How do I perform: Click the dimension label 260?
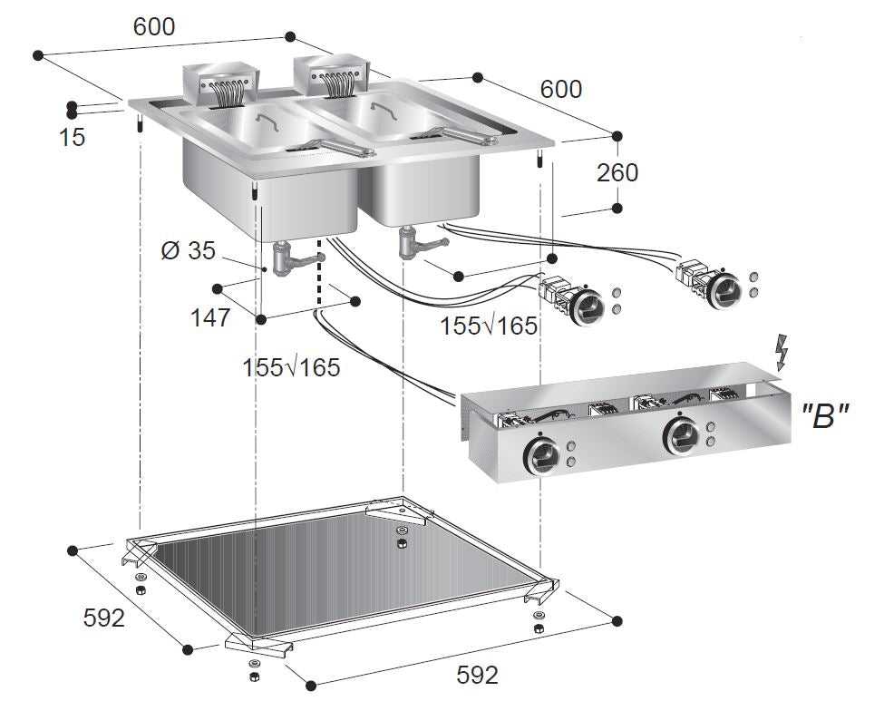click(617, 172)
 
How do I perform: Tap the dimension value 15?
click(72, 138)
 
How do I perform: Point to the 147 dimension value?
click(210, 317)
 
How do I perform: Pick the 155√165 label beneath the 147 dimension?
click(291, 367)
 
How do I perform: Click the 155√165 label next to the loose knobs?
click(489, 326)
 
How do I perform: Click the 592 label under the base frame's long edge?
click(477, 675)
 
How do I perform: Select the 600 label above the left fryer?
click(154, 26)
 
